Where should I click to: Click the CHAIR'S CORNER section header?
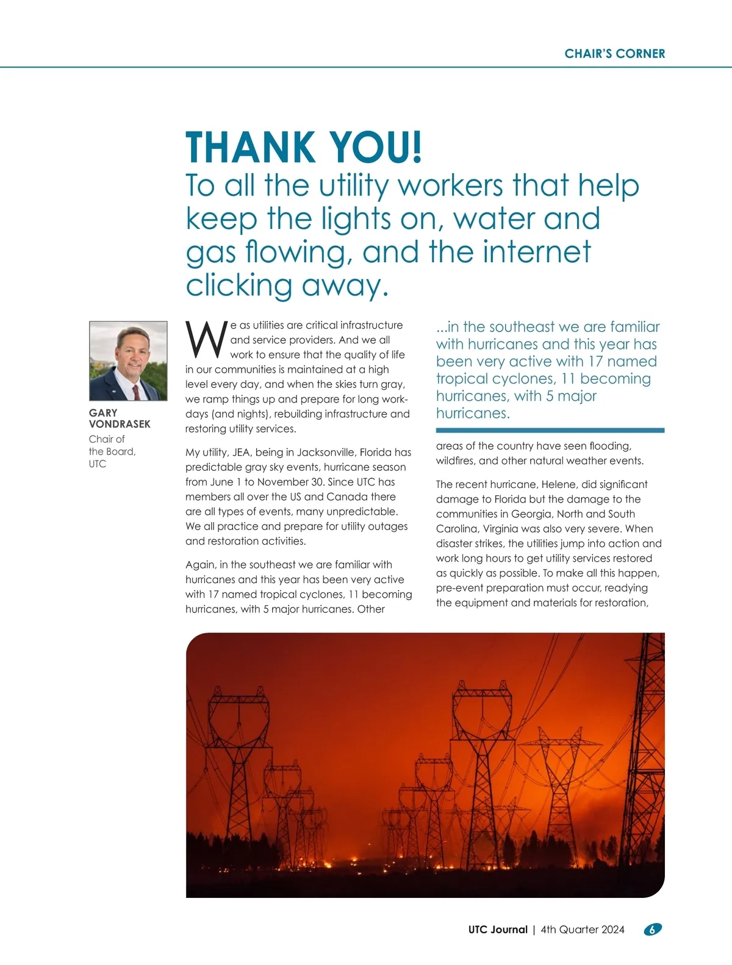coord(614,54)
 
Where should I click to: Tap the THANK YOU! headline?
coord(303,148)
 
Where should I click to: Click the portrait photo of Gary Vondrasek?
coord(128,361)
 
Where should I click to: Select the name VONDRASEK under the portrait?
coord(120,424)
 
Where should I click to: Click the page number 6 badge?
coord(653,930)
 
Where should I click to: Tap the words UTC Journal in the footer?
coord(498,930)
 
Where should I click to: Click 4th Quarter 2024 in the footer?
coord(583,930)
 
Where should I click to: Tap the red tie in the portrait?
coord(136,391)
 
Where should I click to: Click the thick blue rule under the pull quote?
coord(550,431)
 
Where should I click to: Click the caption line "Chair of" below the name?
coord(107,439)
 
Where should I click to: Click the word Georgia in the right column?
coord(531,514)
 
